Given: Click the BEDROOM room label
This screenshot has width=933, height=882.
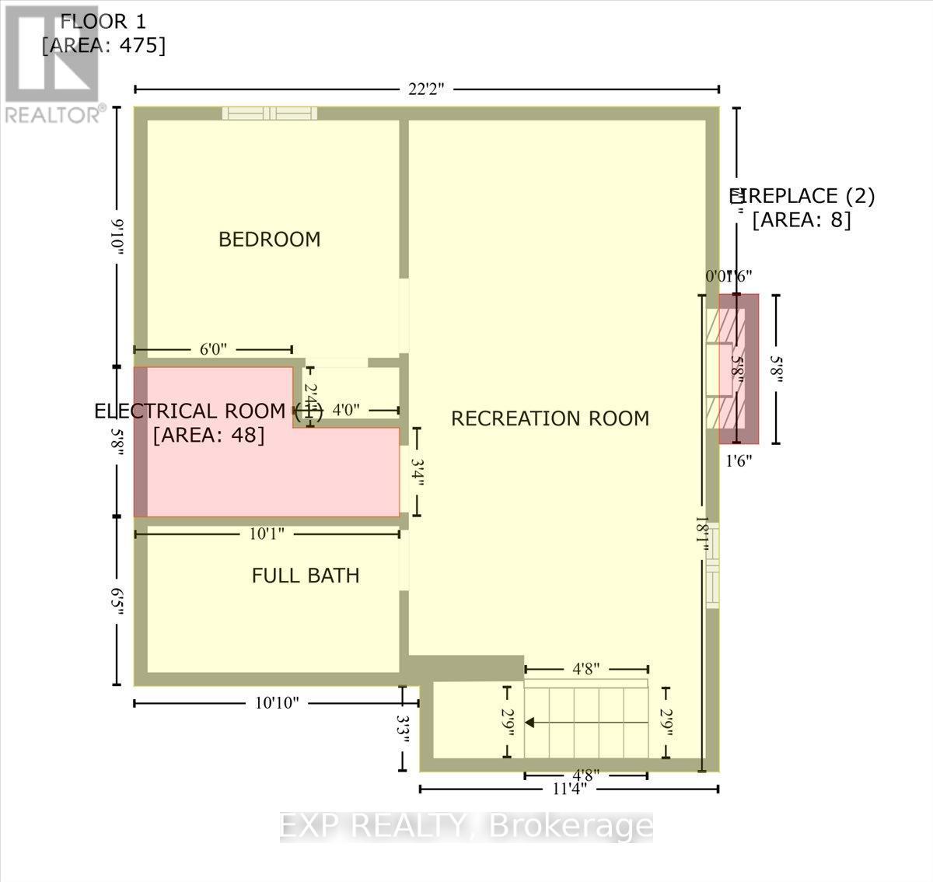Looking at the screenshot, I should coord(269,240).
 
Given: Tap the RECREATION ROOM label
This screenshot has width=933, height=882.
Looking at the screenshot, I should coord(550,418).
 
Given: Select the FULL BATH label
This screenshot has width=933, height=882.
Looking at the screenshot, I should coord(306,576).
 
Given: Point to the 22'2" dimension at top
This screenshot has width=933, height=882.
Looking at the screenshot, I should coord(425,89).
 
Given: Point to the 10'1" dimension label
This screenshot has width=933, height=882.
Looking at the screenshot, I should coord(267,534).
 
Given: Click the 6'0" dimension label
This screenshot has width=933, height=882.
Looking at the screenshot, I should coord(213,350).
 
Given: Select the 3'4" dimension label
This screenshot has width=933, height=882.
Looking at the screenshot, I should coord(418,472).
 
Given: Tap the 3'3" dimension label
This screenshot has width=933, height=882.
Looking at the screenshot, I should coord(402,729).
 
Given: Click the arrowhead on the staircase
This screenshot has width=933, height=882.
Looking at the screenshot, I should coord(530,723).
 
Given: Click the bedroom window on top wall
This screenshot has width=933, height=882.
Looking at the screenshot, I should coord(269,114).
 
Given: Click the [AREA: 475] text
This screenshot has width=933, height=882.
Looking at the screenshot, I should coord(103,46).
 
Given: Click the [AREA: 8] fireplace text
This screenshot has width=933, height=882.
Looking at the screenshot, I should coord(802,220).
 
